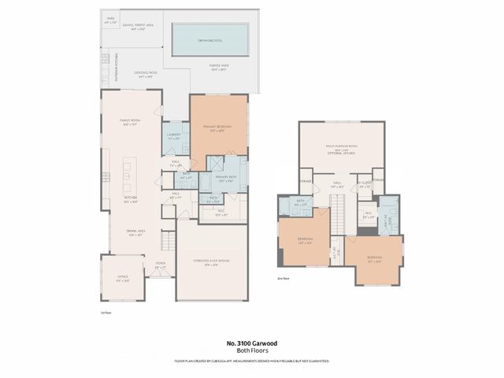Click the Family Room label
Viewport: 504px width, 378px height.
[x=129, y=122]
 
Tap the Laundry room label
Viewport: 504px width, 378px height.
[x=174, y=135]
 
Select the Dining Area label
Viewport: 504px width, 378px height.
[x=131, y=233]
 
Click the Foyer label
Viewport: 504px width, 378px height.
[x=160, y=265]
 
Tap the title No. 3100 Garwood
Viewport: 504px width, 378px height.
[x=251, y=343]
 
